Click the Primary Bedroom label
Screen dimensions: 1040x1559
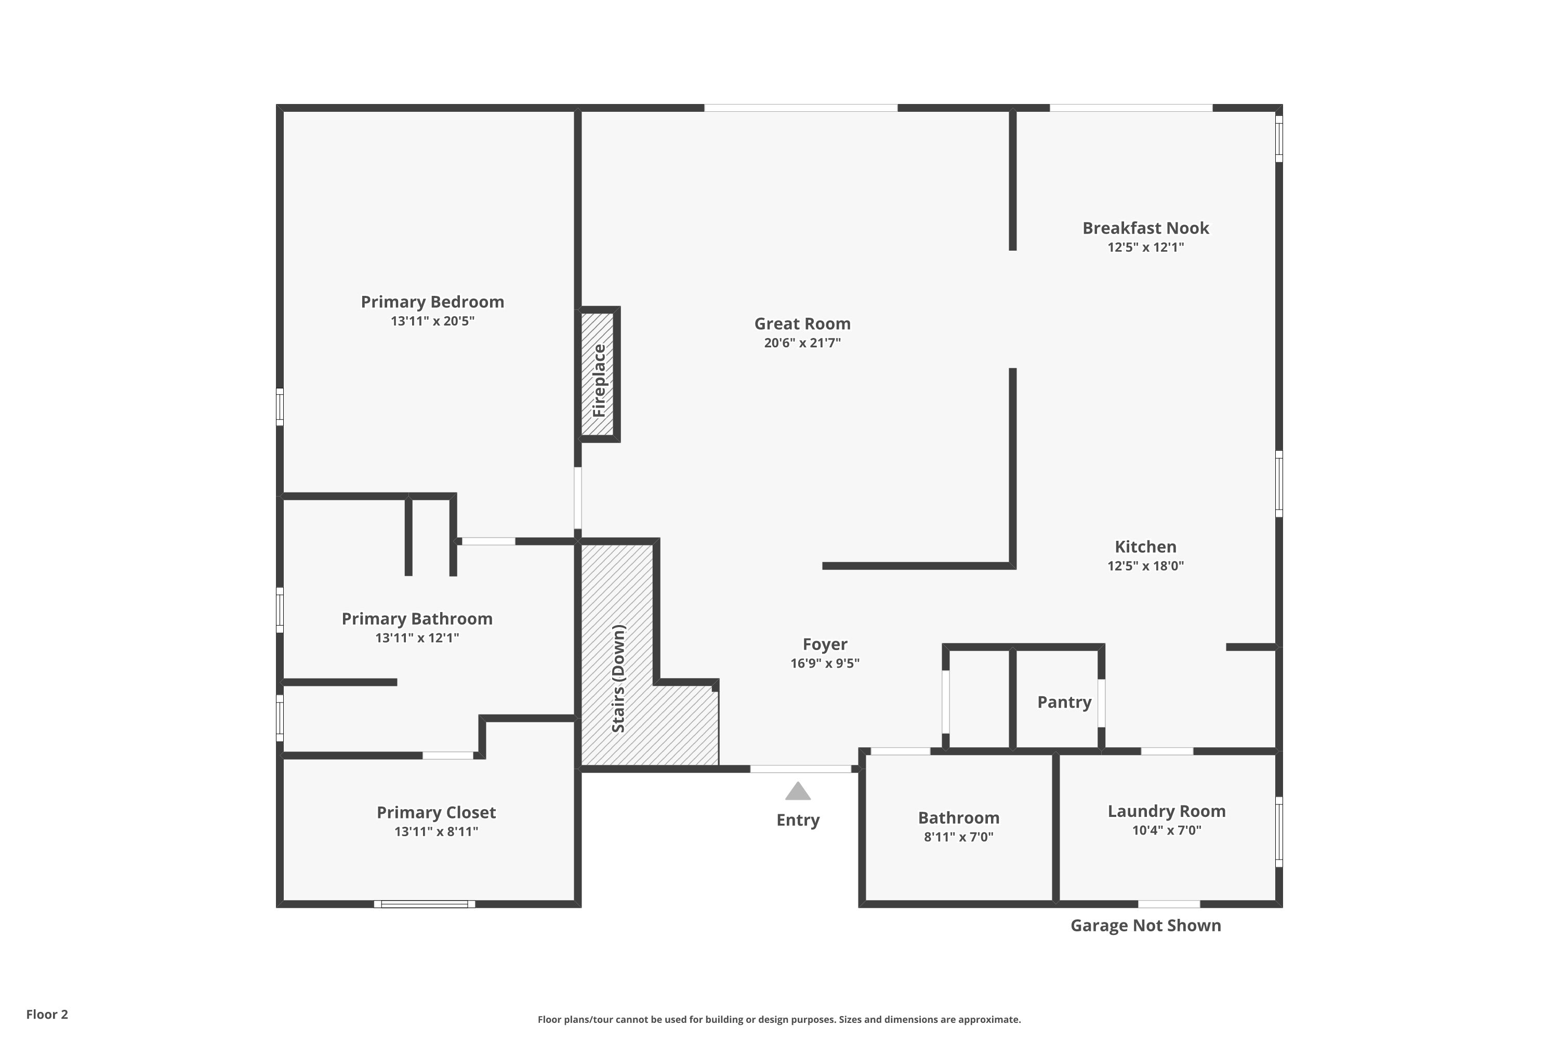point(432,302)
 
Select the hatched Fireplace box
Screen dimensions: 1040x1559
point(598,375)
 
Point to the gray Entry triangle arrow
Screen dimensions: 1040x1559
point(798,791)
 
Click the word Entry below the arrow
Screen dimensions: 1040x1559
point(798,820)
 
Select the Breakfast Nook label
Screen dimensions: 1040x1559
point(1145,228)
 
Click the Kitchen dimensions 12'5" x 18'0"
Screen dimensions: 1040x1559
point(1145,566)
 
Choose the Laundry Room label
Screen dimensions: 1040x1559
point(1167,811)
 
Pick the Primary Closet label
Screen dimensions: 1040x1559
point(436,812)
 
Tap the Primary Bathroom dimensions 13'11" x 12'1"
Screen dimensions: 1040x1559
point(417,638)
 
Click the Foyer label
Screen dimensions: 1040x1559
point(825,644)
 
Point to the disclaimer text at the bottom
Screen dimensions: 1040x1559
point(779,1019)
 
